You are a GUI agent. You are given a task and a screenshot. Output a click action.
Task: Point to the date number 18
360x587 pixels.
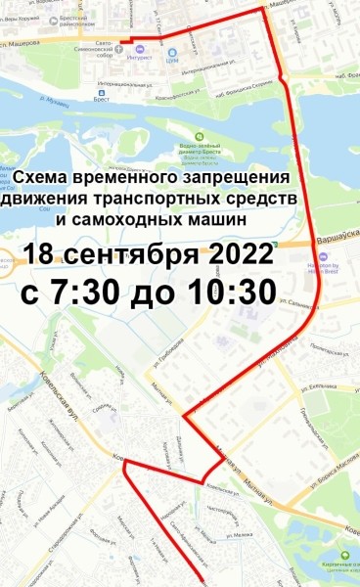coord(42,254)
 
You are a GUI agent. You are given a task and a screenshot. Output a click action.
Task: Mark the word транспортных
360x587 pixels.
coord(180,200)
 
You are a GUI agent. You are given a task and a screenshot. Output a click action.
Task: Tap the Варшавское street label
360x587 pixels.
coord(337,239)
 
